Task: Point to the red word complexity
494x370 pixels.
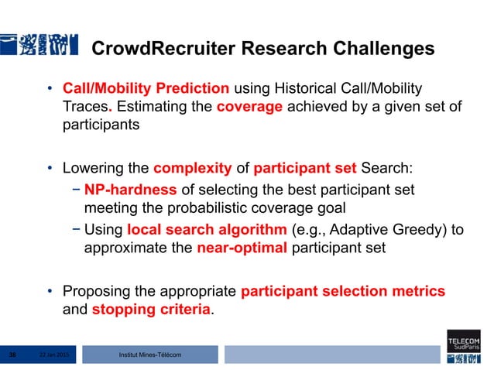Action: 193,167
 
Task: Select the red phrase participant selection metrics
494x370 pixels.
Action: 343,291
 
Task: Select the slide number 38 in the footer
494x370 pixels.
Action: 12,355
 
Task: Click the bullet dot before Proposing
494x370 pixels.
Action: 49,292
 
